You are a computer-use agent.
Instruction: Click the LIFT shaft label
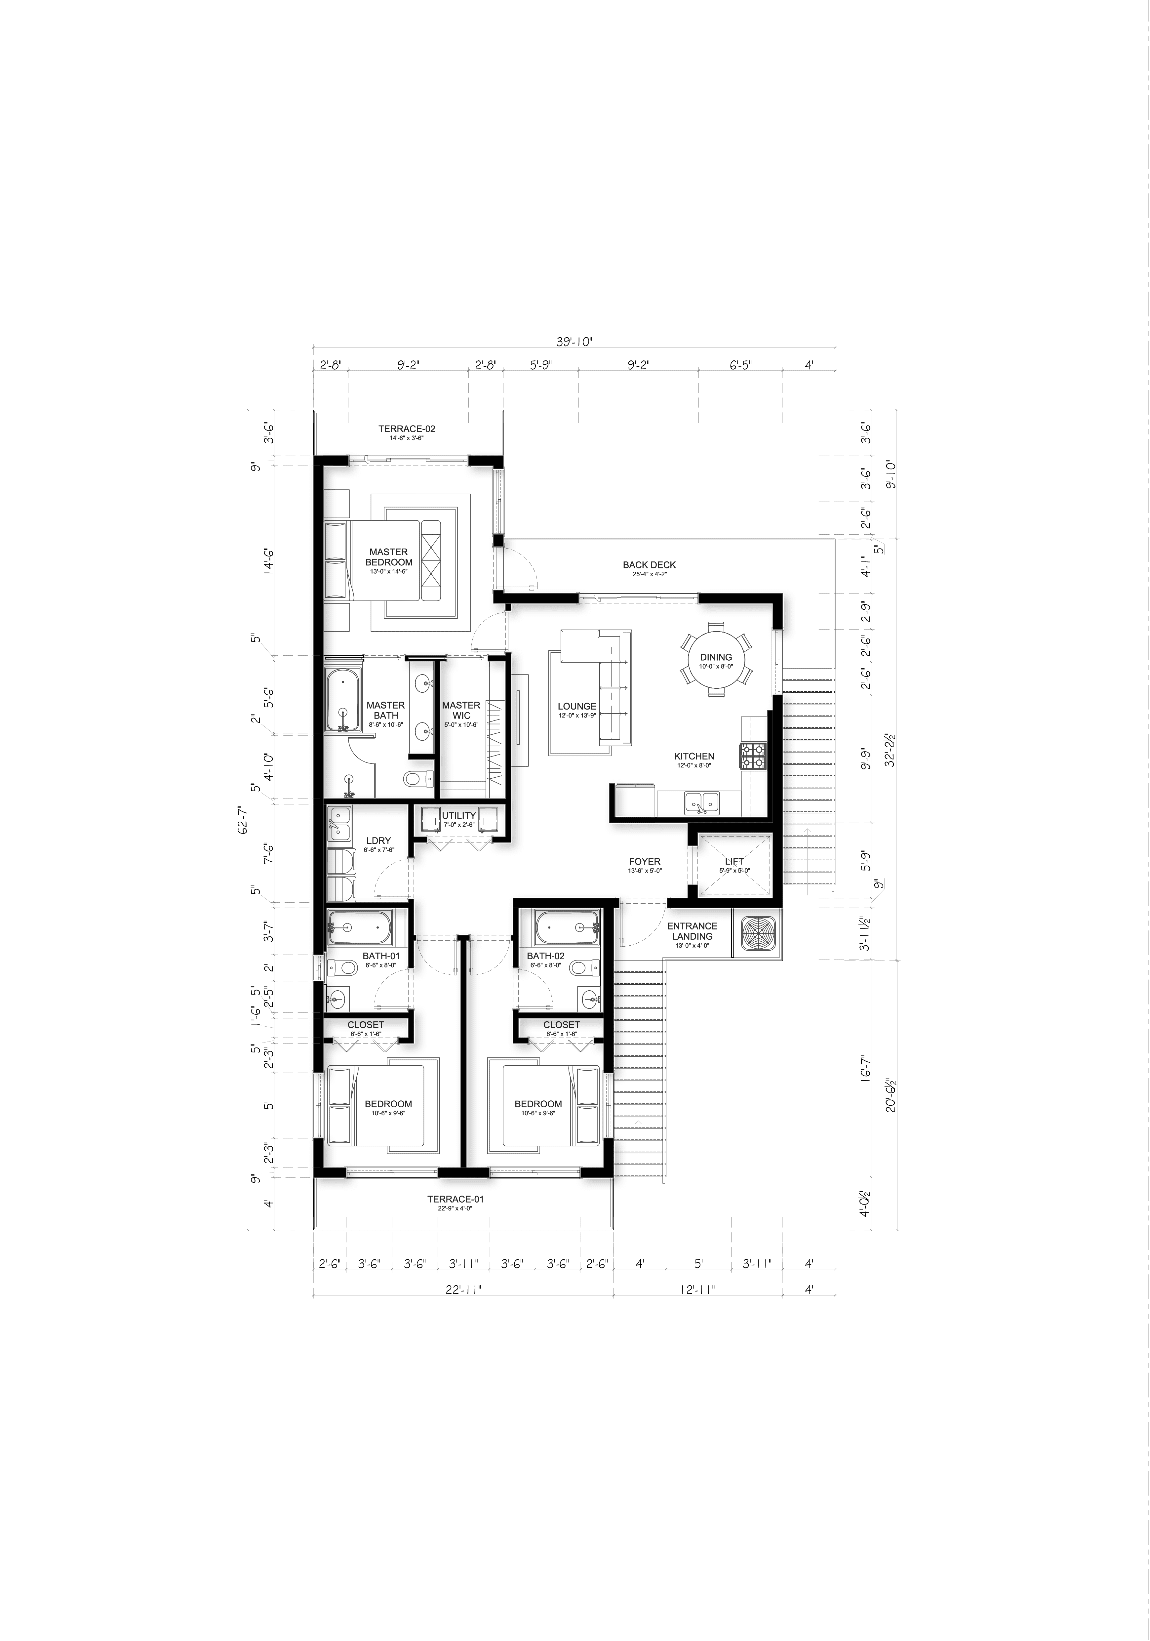pyautogui.click(x=734, y=861)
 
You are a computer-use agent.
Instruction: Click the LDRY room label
pyautogui.click(x=378, y=841)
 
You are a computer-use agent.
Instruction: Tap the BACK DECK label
pyautogui.click(x=649, y=565)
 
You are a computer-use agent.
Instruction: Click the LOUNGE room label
pyautogui.click(x=577, y=706)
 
